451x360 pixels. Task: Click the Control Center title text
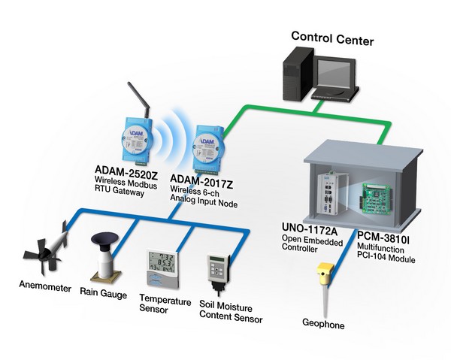tap(331, 38)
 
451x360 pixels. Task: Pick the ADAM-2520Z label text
tap(123, 170)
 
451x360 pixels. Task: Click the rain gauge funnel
tap(107, 243)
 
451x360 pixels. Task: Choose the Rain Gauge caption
tap(103, 295)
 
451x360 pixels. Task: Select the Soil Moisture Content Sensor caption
tap(231, 313)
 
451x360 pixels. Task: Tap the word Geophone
tap(322, 327)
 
